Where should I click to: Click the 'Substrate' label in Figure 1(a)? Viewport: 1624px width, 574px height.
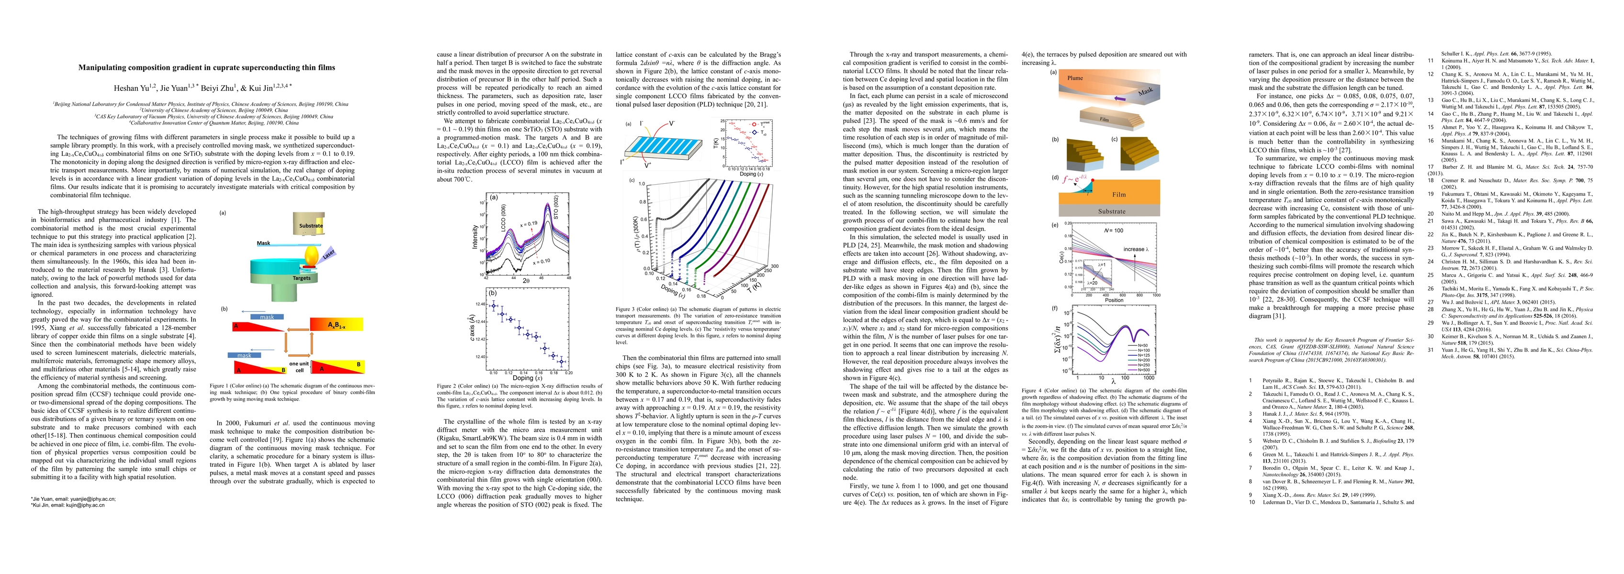coord(311,225)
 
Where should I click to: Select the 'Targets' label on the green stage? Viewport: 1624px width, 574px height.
coord(301,277)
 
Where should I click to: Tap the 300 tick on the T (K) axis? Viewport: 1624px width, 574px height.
coord(776,266)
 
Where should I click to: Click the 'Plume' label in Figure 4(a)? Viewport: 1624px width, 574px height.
coord(1075,78)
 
